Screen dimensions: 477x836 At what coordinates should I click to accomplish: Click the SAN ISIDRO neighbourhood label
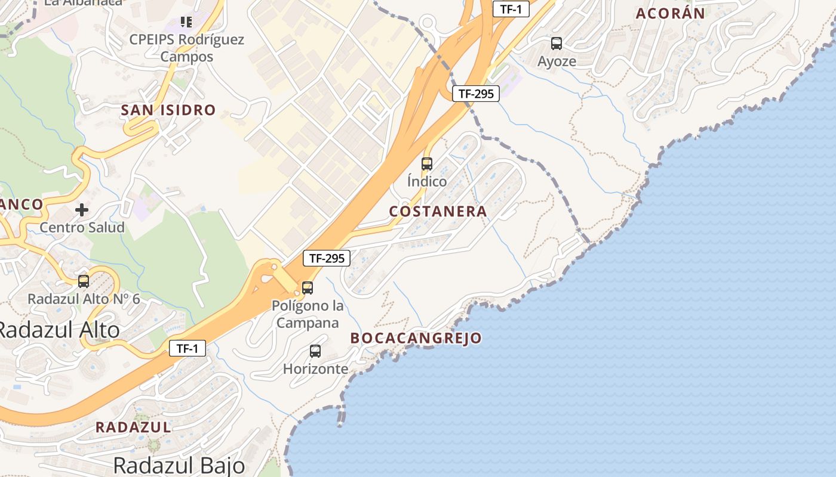[168, 110]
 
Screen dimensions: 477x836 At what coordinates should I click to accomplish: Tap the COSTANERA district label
[438, 211]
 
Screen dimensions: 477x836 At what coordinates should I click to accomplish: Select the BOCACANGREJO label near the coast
[416, 338]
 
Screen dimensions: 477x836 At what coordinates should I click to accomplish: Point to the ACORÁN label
[670, 13]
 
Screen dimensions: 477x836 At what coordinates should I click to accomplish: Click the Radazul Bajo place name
[179, 465]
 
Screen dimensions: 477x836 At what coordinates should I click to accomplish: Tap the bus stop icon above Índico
[427, 164]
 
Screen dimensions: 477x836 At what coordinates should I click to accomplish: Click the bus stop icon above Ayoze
[557, 44]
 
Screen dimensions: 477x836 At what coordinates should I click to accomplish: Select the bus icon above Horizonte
[315, 351]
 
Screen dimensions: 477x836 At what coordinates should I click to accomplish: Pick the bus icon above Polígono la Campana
[308, 288]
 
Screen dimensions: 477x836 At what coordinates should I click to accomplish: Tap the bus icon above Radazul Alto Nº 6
[84, 281]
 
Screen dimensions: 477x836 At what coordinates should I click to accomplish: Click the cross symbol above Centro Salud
[82, 210]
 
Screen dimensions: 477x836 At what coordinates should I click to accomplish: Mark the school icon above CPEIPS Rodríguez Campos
[186, 22]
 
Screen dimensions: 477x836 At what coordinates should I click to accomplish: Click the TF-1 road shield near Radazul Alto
[188, 348]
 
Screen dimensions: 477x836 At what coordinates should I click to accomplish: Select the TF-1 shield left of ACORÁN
[511, 8]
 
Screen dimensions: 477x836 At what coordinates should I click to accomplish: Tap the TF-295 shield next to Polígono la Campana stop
[326, 258]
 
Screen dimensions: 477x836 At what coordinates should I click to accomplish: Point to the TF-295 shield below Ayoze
[475, 94]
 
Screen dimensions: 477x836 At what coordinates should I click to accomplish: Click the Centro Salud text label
[82, 227]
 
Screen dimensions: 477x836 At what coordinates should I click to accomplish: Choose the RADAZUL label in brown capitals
[133, 427]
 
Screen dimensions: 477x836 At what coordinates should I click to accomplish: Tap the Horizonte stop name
[315, 369]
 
